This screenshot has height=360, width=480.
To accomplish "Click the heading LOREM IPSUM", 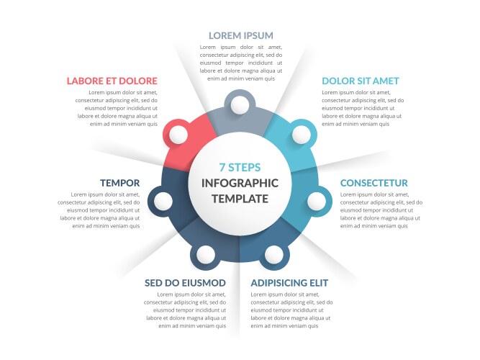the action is (x=241, y=35).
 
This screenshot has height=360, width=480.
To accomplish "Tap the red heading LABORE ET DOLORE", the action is (x=112, y=81).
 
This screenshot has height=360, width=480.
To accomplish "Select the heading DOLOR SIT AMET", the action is (x=361, y=81).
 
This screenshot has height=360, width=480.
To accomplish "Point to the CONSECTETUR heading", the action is (x=373, y=183).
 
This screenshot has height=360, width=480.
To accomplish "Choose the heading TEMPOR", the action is (x=119, y=183).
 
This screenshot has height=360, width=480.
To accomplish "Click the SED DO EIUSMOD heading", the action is (x=185, y=283).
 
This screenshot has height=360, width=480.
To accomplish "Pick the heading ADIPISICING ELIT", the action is (x=289, y=283).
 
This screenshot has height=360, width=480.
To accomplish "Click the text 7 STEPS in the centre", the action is (x=240, y=167).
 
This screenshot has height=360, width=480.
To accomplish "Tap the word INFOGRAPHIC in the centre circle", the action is (x=240, y=183).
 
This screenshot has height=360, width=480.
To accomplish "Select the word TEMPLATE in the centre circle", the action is (x=240, y=199).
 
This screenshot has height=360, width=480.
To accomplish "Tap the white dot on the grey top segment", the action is (x=240, y=105).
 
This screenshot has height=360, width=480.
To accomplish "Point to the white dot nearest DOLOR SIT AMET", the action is (x=302, y=135).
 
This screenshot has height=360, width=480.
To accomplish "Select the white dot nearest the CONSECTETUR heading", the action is (x=317, y=202).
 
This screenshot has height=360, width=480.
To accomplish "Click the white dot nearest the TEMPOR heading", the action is (x=163, y=202).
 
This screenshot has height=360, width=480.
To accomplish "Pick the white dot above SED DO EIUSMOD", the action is (x=205, y=255).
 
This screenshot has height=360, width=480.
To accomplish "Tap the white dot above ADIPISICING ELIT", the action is (x=274, y=255).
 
